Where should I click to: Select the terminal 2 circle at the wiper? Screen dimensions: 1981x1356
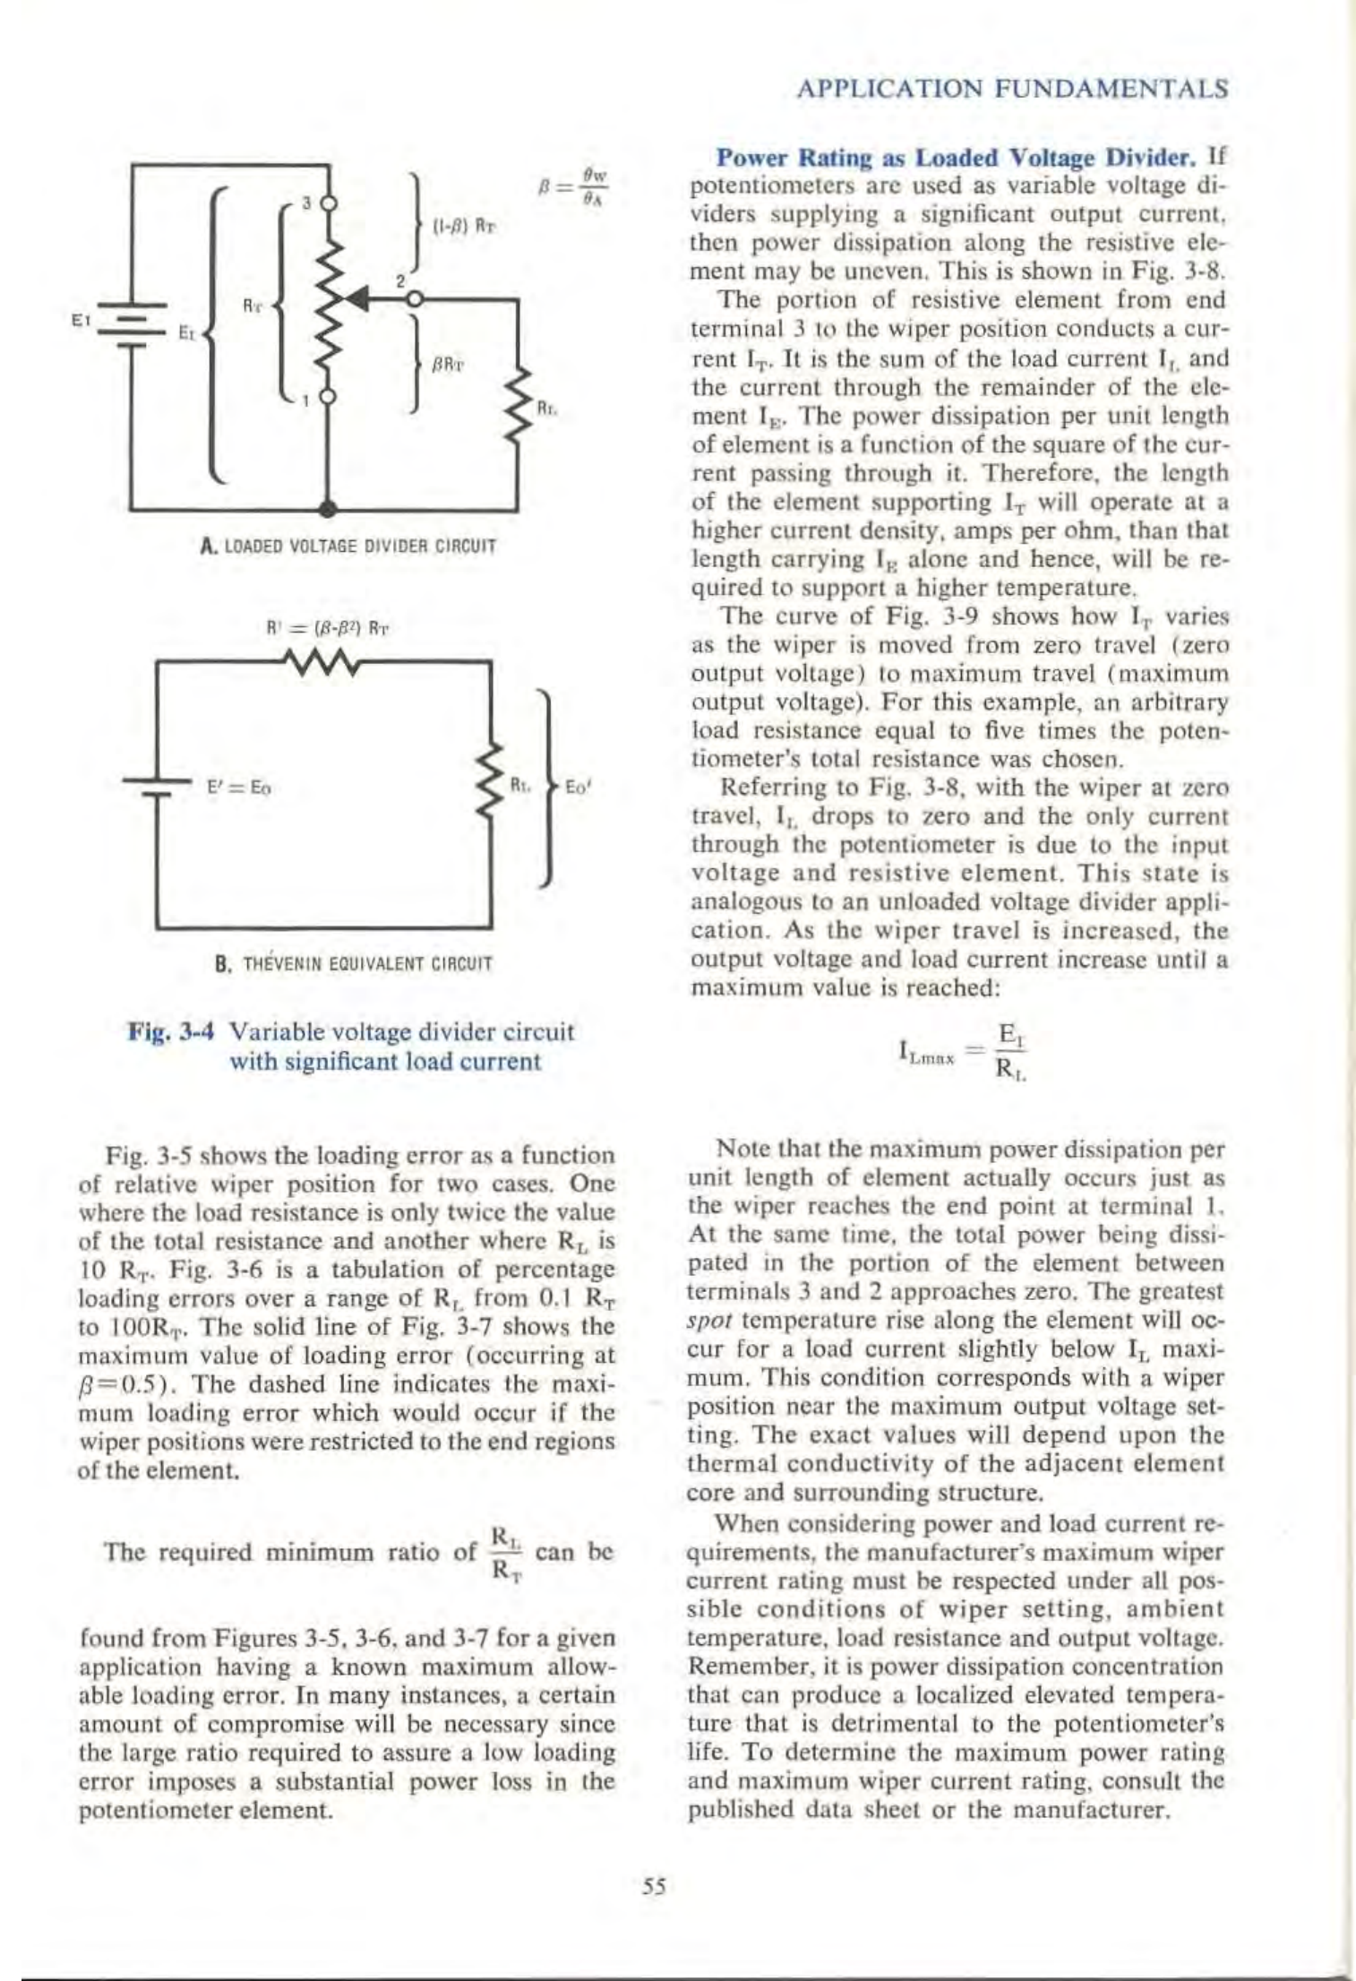(x=413, y=297)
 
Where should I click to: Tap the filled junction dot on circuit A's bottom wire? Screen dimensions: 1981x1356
(x=330, y=509)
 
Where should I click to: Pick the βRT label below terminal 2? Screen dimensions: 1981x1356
(x=448, y=366)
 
